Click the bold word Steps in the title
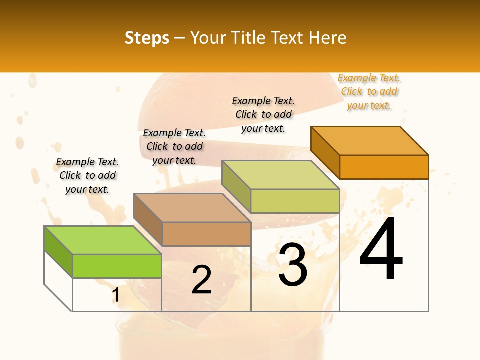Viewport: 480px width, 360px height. tap(147, 38)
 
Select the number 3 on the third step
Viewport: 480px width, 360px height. tap(293, 265)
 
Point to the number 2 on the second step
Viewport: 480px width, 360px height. tap(202, 280)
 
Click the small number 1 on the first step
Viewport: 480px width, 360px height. tap(115, 295)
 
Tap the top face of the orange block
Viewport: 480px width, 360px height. tap(369, 140)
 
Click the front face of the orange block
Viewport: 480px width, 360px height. tap(384, 167)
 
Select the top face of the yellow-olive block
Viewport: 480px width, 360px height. tap(280, 175)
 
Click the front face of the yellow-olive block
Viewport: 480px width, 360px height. tap(295, 201)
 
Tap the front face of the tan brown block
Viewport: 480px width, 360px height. tap(206, 234)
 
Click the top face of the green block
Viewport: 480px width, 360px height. tap(102, 240)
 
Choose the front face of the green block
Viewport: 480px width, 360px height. tap(117, 266)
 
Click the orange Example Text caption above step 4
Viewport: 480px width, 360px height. tap(369, 91)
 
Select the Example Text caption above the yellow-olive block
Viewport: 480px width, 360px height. tap(263, 114)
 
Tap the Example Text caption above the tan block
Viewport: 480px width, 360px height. tap(174, 146)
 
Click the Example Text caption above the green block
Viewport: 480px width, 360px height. tap(87, 175)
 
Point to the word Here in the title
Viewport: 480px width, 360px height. tap(327, 38)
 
